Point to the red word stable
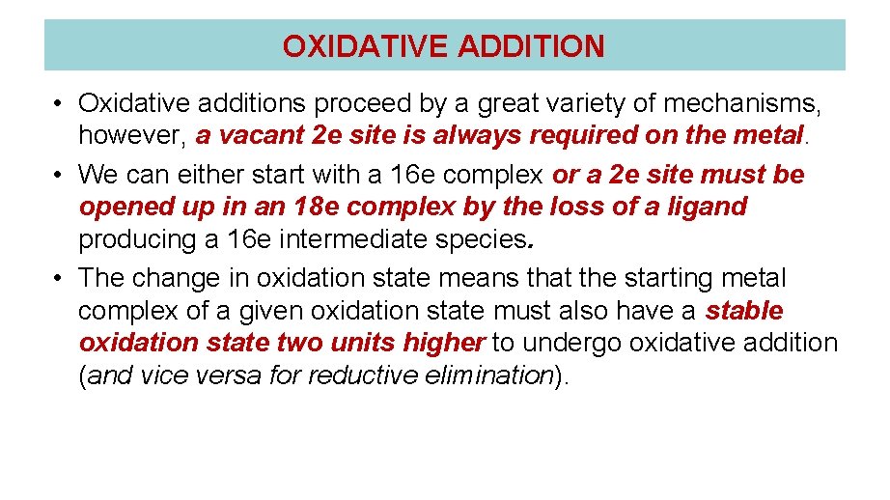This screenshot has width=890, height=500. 744,311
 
